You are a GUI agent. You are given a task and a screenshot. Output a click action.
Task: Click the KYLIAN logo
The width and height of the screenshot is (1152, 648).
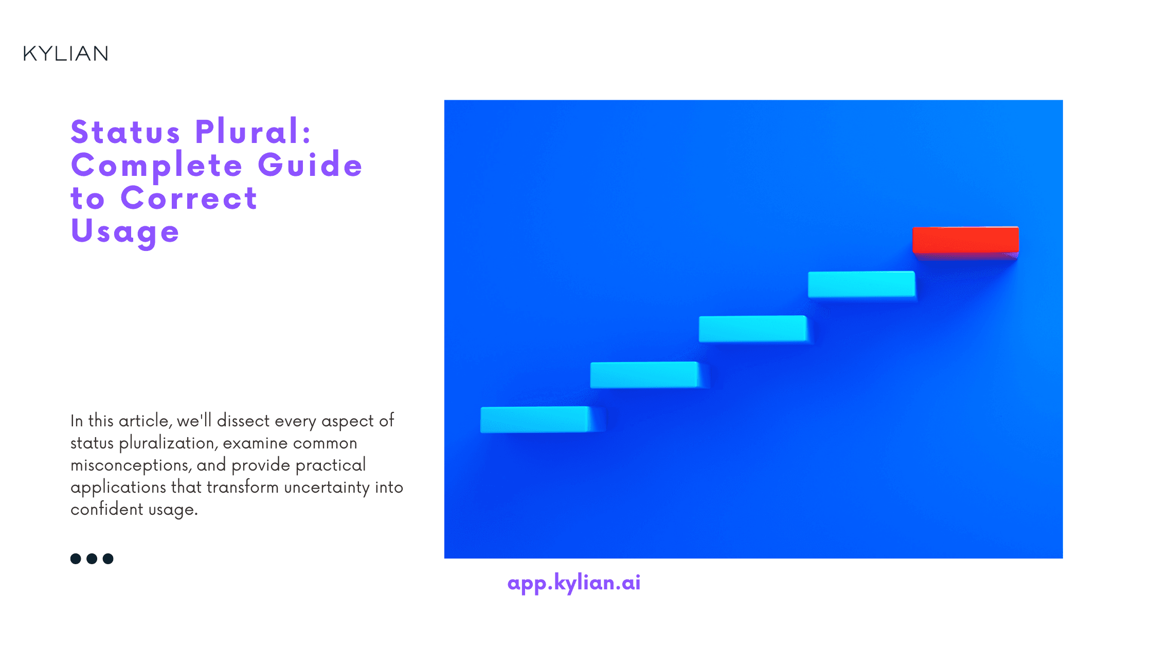tap(66, 53)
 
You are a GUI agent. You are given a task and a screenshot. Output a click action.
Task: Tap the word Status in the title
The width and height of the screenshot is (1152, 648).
tap(125, 132)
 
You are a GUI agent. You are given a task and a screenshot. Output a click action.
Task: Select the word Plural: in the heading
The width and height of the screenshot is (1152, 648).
tap(254, 132)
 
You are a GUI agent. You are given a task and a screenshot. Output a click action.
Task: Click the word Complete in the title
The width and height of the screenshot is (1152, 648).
tap(157, 166)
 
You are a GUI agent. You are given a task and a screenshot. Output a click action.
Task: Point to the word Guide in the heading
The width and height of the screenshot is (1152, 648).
tap(310, 166)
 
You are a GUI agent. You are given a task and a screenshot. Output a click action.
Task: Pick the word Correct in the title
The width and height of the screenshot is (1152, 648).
tap(189, 199)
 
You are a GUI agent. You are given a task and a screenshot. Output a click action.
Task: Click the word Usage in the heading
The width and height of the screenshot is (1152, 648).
tap(125, 231)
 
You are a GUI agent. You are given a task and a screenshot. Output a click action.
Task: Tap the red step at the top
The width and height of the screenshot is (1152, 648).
tap(965, 240)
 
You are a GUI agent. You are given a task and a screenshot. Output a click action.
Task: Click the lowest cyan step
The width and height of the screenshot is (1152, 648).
tap(535, 420)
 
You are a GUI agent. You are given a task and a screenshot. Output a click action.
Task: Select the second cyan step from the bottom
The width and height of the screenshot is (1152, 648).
tap(644, 375)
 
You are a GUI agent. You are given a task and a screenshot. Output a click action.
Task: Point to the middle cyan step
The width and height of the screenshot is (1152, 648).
tap(752, 329)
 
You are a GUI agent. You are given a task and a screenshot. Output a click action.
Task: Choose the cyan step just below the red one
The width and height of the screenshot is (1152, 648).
tap(861, 284)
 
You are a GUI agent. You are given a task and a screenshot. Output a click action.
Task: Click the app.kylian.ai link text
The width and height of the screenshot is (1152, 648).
tap(574, 583)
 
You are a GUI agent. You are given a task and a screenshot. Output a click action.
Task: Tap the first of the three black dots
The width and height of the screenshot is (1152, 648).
tap(76, 559)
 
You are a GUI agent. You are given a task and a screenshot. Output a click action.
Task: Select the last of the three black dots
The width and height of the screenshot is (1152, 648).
tap(108, 559)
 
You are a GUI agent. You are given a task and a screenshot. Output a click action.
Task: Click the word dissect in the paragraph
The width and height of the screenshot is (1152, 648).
tap(243, 421)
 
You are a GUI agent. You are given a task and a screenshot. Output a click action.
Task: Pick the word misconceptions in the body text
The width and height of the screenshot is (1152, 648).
tap(131, 465)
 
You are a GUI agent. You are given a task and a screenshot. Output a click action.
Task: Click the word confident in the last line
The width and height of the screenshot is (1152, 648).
tap(107, 510)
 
